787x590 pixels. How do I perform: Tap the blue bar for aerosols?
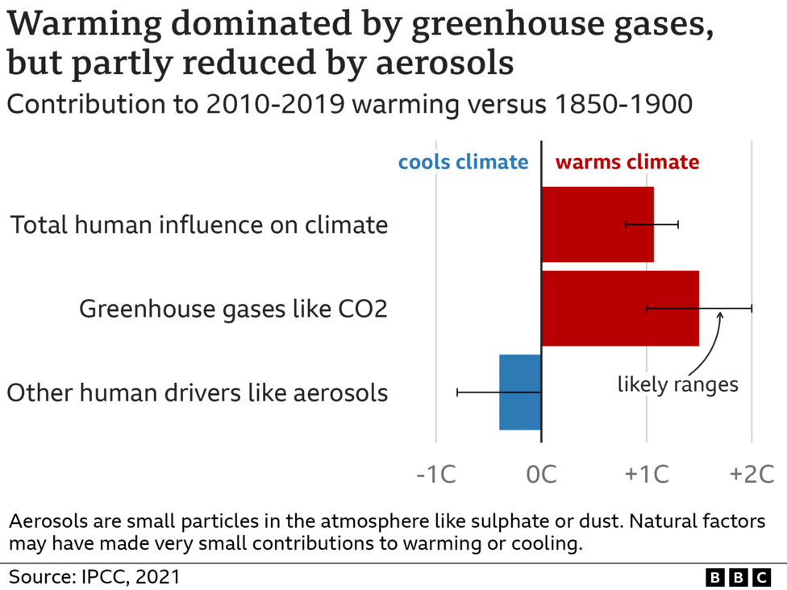pyautogui.click(x=520, y=393)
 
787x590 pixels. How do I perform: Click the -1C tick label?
pyautogui.click(x=436, y=474)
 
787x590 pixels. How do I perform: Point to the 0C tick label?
pyautogui.click(x=542, y=474)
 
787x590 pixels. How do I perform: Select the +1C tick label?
pyautogui.click(x=647, y=474)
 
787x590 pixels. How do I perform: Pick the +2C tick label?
pyautogui.click(x=752, y=474)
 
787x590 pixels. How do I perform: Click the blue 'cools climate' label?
pyautogui.click(x=463, y=162)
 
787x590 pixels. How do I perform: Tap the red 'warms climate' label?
pyautogui.click(x=627, y=162)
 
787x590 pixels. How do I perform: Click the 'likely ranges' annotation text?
pyautogui.click(x=678, y=384)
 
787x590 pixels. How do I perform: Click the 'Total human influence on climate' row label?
pyautogui.click(x=198, y=225)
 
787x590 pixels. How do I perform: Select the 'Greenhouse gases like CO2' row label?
pyautogui.click(x=233, y=309)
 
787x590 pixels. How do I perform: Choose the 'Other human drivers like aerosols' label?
pyautogui.click(x=197, y=393)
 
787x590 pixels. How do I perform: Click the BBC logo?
pyautogui.click(x=738, y=576)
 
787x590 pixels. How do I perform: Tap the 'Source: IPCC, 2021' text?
pyautogui.click(x=95, y=576)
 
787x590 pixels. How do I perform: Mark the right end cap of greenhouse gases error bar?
pyautogui.click(x=752, y=308)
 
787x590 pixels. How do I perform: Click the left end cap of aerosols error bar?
pyautogui.click(x=457, y=393)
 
